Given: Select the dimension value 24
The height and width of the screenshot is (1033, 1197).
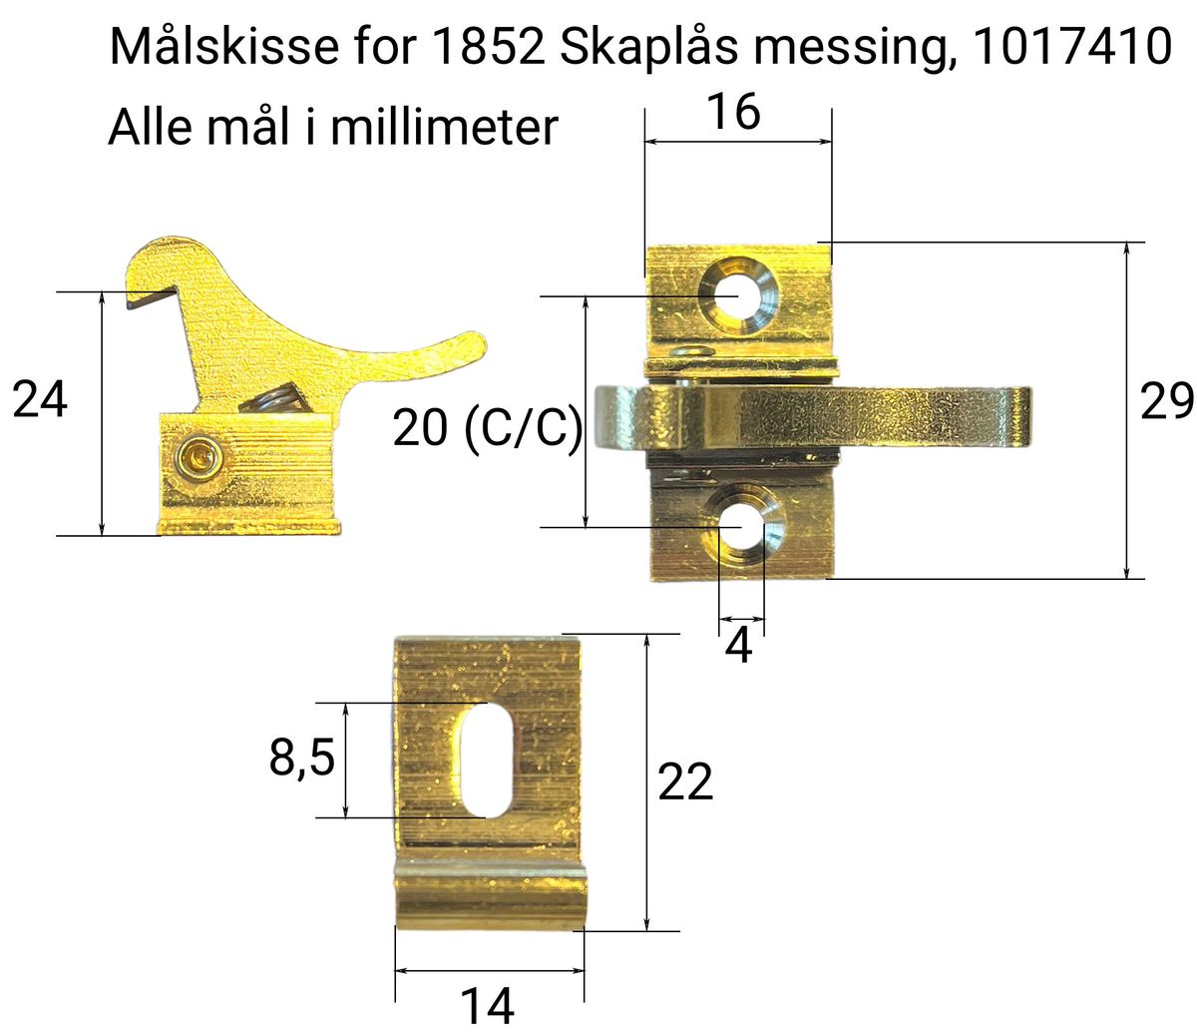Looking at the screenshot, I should tap(40, 400).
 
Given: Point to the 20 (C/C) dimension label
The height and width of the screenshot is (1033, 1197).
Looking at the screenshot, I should tap(487, 429).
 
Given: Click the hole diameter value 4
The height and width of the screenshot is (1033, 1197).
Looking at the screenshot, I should tap(738, 647).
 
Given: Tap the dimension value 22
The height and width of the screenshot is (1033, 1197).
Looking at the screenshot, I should tap(685, 781).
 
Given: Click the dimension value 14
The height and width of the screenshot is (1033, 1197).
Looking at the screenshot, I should tap(487, 1005).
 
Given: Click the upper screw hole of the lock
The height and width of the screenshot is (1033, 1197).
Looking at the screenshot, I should tap(736, 296).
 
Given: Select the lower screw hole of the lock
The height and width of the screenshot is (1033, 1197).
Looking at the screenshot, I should tap(739, 526).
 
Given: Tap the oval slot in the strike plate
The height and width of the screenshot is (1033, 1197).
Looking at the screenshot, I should tap(487, 760).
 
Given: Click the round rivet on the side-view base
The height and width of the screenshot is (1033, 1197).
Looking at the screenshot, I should tap(194, 458).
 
